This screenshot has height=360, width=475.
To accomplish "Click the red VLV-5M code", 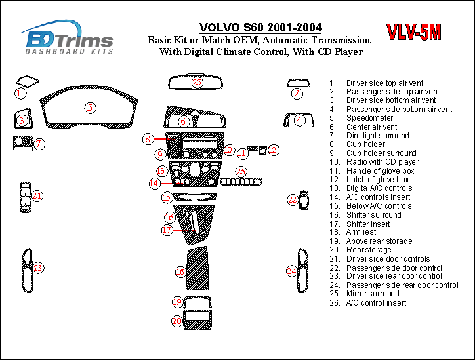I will tap(413, 33).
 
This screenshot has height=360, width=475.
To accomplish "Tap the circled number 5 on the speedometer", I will tap(91, 108).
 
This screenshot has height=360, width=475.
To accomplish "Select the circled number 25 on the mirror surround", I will tap(197, 82).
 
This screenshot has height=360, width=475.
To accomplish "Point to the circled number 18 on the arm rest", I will tap(180, 271).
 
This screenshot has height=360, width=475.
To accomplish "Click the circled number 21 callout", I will tap(37, 195).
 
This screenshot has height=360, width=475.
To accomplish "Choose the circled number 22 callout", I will tap(292, 199).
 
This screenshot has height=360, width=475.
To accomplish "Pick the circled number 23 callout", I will tap(38, 268).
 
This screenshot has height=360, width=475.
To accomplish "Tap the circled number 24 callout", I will tap(291, 270).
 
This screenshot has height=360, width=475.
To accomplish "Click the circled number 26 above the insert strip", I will tap(241, 172).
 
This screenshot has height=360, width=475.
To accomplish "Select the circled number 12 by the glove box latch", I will tap(273, 150).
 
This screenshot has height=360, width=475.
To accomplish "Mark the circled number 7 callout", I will tap(39, 144).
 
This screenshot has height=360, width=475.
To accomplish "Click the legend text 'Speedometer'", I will tap(370, 118).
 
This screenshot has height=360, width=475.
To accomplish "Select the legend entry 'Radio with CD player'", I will tap(382, 162).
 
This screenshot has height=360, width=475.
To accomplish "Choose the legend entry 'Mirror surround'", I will tap(373, 294).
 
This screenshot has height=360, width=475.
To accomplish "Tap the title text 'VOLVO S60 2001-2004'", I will tap(260, 28).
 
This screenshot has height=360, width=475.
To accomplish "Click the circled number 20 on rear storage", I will tap(177, 321).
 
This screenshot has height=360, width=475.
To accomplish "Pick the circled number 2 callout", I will tap(297, 94).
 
